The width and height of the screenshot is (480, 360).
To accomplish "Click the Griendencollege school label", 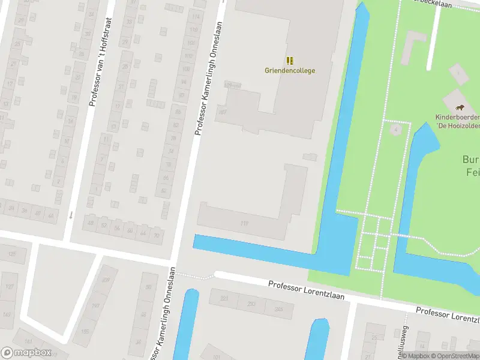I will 290,70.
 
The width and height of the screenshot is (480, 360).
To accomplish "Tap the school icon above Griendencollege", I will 290,61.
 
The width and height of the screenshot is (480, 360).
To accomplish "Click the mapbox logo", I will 26,353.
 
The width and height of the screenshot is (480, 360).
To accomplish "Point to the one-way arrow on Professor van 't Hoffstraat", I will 71,214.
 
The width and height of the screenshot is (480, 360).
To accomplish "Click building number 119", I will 244,223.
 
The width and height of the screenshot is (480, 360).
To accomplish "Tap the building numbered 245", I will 278,309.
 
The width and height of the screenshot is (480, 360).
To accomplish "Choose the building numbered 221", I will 224,298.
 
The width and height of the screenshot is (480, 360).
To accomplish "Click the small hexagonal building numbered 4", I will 396,130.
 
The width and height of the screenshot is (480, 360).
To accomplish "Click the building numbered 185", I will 85,331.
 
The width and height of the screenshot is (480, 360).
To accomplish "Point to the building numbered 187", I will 223,112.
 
